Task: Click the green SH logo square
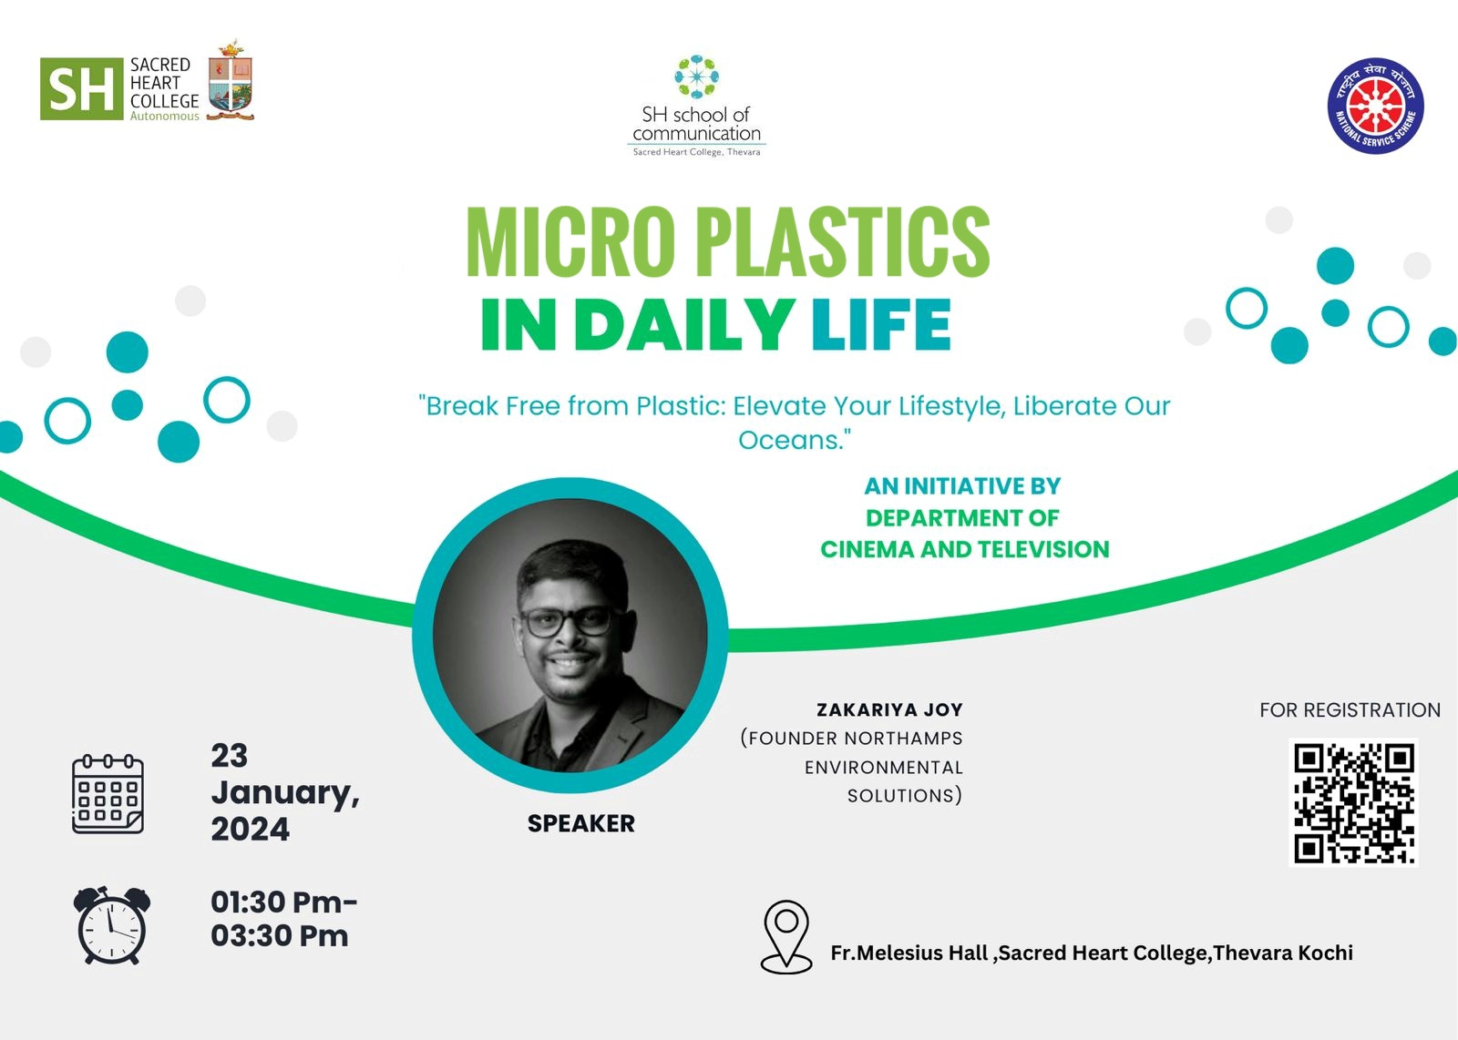coord(81,88)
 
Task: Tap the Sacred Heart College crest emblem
coord(231,81)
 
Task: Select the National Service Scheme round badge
coord(1375,106)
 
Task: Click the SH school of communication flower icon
coord(696,76)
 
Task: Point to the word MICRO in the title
coord(570,241)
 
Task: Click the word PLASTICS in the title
coord(843,241)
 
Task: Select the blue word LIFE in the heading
coord(881,324)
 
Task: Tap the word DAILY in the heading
coord(684,324)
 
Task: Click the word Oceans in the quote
coord(790,441)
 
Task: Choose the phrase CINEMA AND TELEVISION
coord(965,549)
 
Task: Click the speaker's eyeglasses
coord(568,622)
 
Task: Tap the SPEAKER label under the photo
coord(580,823)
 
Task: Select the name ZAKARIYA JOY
coord(889,709)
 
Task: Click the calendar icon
coord(108,794)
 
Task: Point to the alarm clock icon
coord(112,925)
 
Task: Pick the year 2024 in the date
coord(250,830)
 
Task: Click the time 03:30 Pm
coord(279,936)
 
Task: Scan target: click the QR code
coord(1353,802)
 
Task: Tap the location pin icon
coord(786,936)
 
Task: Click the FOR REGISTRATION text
coord(1350,710)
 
